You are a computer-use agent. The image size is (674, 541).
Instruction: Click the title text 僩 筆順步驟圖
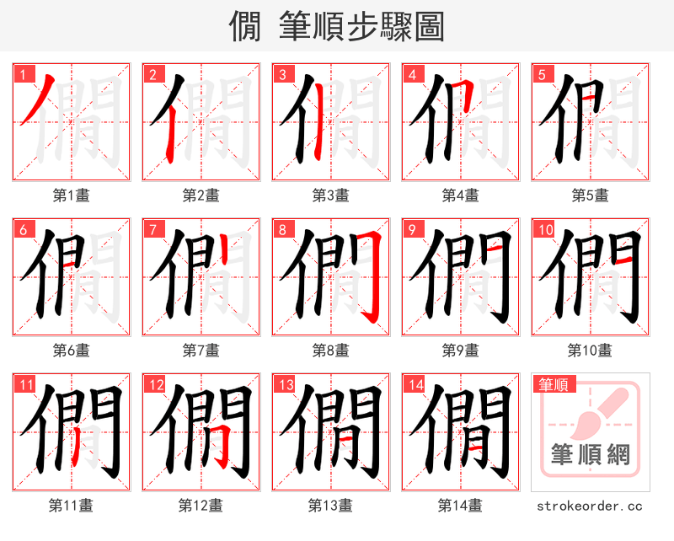(x=336, y=27)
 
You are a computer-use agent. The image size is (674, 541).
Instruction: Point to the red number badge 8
(x=282, y=230)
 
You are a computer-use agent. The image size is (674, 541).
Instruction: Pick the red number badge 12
(x=156, y=386)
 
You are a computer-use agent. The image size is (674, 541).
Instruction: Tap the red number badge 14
(x=415, y=386)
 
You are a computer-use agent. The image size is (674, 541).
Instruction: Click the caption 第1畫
(x=72, y=195)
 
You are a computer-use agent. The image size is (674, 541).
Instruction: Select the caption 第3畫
(x=331, y=195)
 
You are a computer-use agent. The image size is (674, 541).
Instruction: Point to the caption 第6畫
(x=72, y=350)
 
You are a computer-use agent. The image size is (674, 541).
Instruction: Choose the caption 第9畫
(x=461, y=350)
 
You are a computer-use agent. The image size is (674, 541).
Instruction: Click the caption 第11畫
(x=72, y=505)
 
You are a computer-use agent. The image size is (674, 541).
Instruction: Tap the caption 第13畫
(x=331, y=505)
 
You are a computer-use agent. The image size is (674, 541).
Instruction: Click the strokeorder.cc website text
(x=590, y=506)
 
